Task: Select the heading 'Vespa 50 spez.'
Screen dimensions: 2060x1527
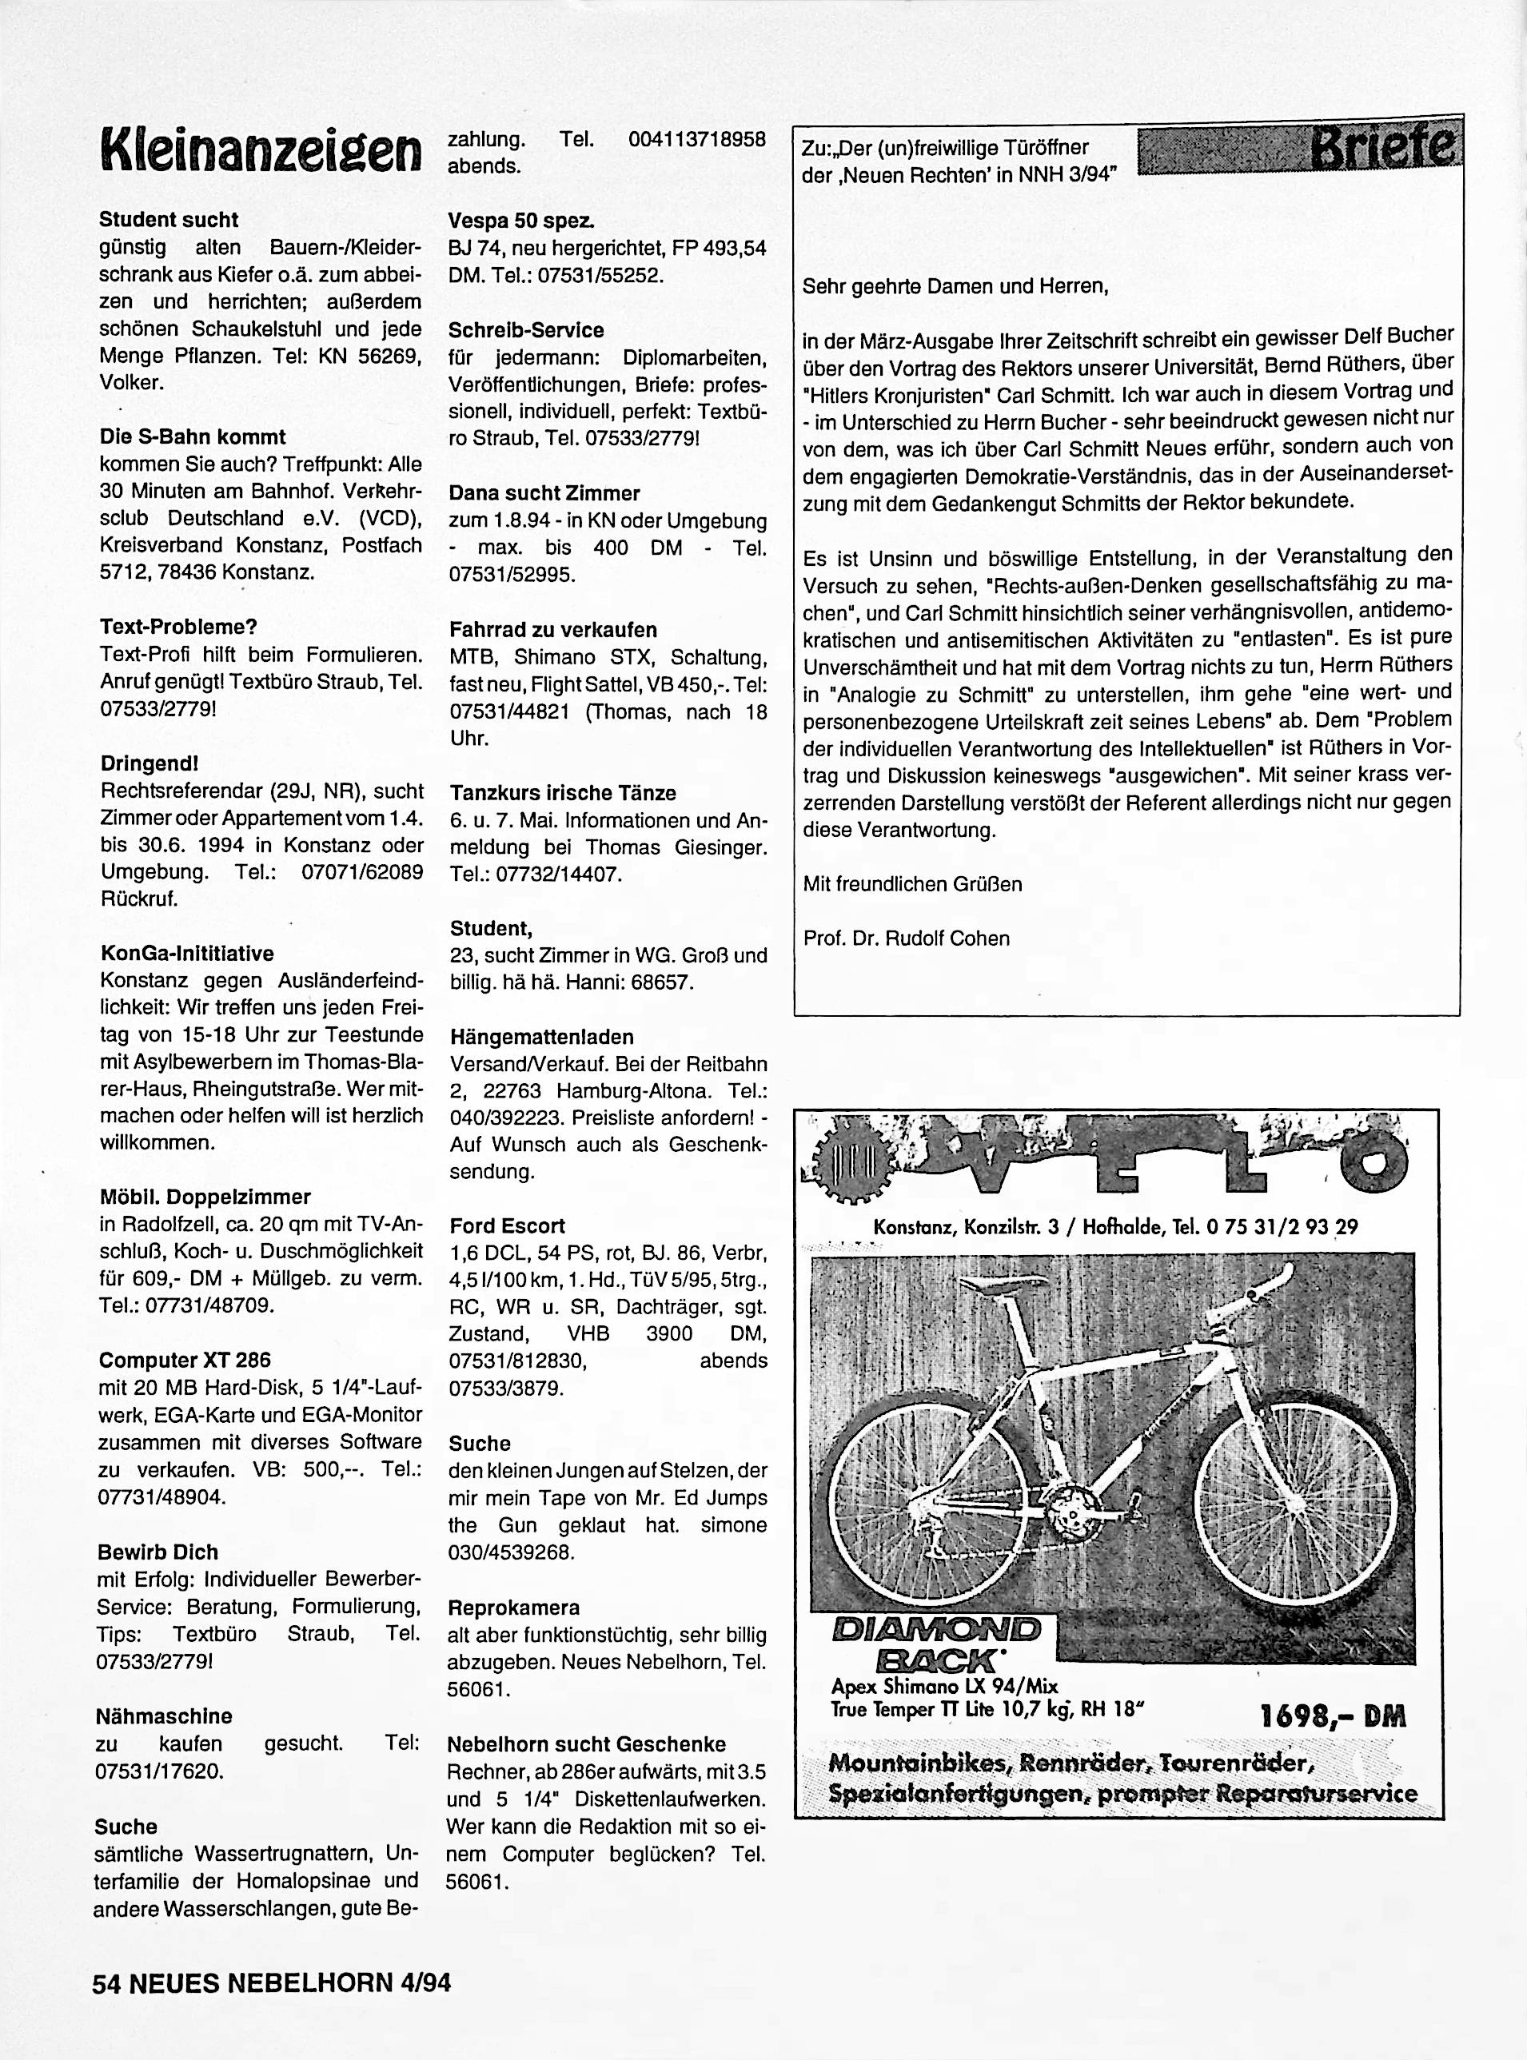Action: coord(521,221)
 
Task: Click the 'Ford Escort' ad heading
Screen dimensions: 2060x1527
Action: coord(507,1225)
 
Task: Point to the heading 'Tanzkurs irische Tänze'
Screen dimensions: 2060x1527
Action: coord(563,792)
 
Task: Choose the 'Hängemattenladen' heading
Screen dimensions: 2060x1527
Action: coord(542,1036)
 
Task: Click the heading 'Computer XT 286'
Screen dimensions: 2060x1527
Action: coord(185,1360)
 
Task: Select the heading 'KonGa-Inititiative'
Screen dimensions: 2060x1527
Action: coord(187,953)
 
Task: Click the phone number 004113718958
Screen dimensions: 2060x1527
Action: coord(696,140)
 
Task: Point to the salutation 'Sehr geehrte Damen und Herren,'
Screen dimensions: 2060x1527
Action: coord(955,285)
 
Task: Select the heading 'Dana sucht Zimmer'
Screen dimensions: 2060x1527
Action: coord(544,492)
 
